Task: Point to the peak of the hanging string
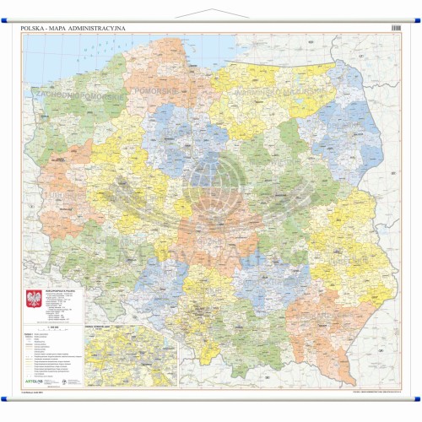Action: pyautogui.click(x=210, y=5)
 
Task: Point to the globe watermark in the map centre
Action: pyautogui.click(x=211, y=190)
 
